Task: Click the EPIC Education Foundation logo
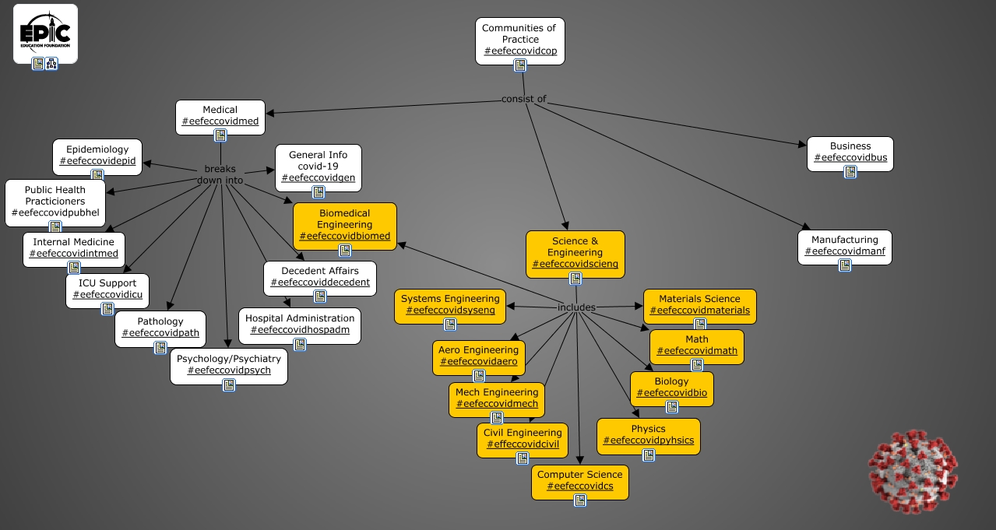coord(45,30)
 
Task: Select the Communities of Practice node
coord(519,40)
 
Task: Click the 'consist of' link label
coord(523,99)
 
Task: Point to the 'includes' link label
coord(576,307)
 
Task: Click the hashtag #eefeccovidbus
coord(850,158)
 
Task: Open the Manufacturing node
coord(844,245)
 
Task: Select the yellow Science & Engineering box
coord(575,252)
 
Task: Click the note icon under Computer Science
coord(580,500)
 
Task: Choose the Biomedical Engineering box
coord(344,224)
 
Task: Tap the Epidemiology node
coord(97,155)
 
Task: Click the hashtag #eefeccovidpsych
coord(229,371)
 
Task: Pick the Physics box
coord(648,434)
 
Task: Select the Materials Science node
coord(699,304)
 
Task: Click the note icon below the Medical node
coord(220,135)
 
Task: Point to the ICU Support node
coord(107,289)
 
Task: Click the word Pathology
coord(160,321)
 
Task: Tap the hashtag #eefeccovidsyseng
coord(450,311)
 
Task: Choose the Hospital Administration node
coord(299,324)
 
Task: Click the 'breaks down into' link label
coord(220,174)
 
